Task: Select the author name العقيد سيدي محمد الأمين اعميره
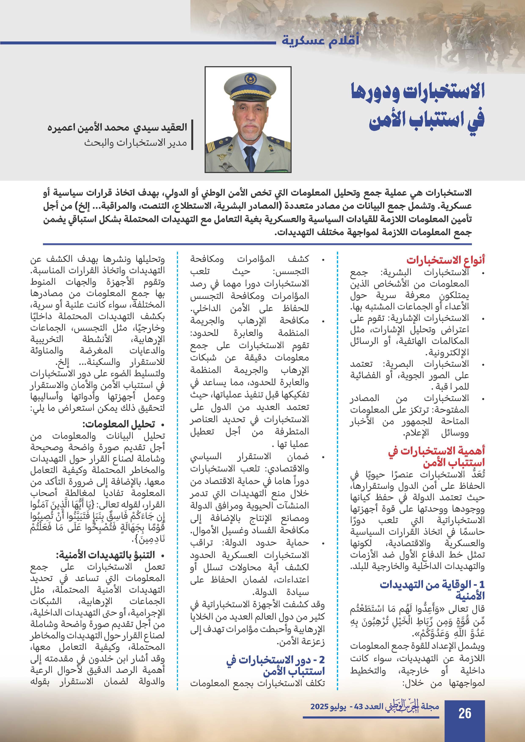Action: coord(117,127)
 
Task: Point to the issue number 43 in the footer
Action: coord(358,707)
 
